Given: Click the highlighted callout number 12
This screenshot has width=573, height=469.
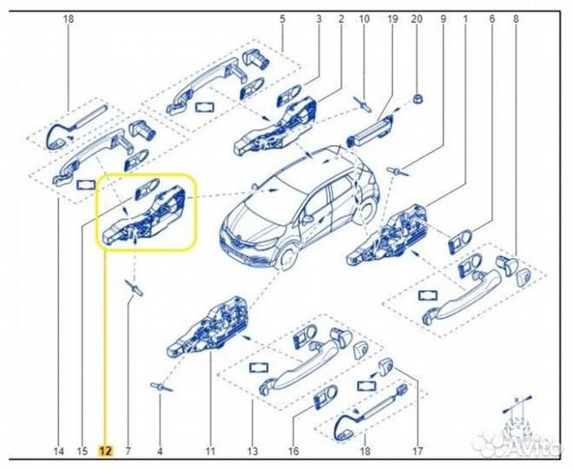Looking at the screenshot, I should tap(105, 451).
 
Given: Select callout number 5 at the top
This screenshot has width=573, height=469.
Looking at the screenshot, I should tap(282, 18).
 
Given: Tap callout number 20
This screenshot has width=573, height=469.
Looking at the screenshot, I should tap(417, 18).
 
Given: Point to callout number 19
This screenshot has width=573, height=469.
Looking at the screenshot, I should tap(392, 18).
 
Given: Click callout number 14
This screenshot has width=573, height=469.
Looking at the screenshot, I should tap(58, 451).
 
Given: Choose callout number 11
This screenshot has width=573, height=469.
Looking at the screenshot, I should tap(209, 451).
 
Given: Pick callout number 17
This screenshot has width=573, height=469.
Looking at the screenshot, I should tap(417, 451).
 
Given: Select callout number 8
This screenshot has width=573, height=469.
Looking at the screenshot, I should tap(517, 18).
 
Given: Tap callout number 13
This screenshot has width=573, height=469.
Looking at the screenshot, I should tap(253, 451).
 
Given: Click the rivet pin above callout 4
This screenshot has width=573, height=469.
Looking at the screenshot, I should tap(161, 385).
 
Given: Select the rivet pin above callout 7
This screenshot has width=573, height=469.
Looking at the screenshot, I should tap(135, 287).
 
